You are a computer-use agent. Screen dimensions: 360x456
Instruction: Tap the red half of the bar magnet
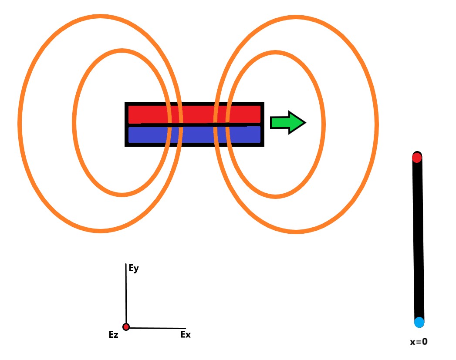[194, 114]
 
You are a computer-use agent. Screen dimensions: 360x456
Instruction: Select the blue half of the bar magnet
[194, 135]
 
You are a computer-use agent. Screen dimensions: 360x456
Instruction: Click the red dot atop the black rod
[417, 158]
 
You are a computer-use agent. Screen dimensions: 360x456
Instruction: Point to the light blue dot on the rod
[419, 322]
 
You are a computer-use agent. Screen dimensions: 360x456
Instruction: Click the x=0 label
[419, 342]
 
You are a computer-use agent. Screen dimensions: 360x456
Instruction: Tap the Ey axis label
[134, 269]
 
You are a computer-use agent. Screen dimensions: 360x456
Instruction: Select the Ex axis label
[185, 335]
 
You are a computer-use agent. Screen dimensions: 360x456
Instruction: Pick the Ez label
[114, 335]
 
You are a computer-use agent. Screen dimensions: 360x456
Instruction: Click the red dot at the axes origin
[126, 327]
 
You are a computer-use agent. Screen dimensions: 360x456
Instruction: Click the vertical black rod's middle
[418, 239]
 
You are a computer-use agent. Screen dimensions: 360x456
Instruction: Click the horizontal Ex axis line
[157, 328]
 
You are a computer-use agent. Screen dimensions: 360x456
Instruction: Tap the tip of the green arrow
[305, 123]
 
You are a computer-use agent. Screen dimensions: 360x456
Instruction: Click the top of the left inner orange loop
[122, 51]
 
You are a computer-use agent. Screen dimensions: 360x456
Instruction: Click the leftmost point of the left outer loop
[20, 123]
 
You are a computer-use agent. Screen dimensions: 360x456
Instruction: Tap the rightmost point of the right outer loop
[376, 124]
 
